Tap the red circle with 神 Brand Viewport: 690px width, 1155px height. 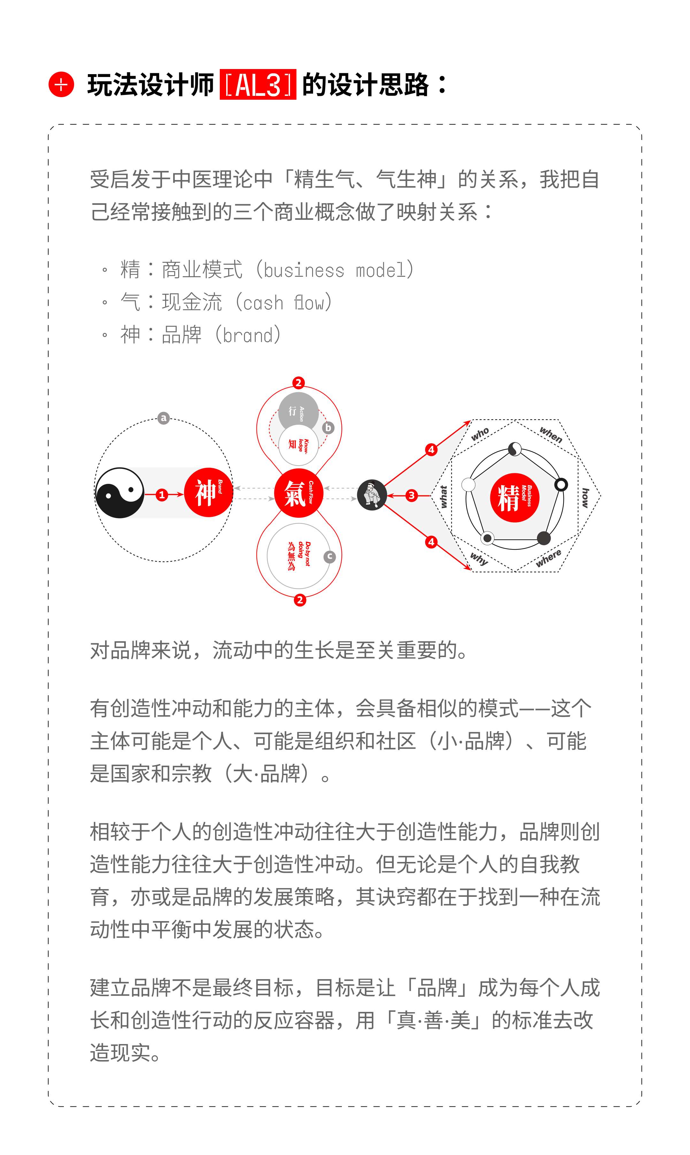point(208,492)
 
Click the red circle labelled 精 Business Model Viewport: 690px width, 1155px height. point(515,497)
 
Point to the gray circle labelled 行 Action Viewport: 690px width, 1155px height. point(298,412)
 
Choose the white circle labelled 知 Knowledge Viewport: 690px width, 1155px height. point(298,445)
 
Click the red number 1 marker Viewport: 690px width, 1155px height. point(162,494)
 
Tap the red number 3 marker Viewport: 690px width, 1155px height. point(411,495)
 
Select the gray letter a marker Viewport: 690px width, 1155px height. point(163,418)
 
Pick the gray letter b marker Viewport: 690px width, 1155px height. point(328,428)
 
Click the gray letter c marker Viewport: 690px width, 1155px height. point(330,556)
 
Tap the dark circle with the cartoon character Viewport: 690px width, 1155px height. point(372,495)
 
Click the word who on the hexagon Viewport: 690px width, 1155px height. point(480,434)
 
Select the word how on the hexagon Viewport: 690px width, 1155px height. point(586,498)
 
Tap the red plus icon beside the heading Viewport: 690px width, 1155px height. point(61,85)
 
